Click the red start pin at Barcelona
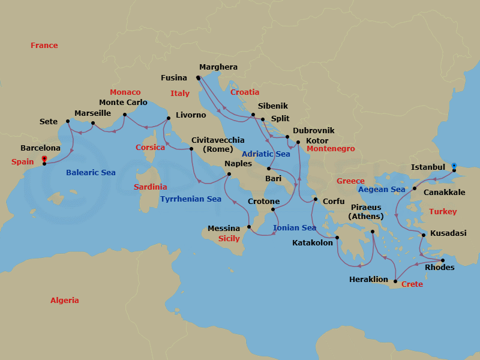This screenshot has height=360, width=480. (44, 160)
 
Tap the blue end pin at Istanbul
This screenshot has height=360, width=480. (454, 166)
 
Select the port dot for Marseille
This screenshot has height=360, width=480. (93, 124)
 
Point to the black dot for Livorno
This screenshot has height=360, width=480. (167, 118)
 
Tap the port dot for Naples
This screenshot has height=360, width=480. (229, 175)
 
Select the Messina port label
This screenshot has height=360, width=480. (224, 228)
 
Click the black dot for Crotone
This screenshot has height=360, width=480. (272, 209)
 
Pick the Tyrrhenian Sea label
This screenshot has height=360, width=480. (191, 199)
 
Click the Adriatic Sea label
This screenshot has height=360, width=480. (266, 154)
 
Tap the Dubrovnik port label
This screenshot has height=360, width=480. (314, 130)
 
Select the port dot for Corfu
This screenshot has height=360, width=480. (316, 199)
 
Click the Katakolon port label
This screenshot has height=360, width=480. (312, 243)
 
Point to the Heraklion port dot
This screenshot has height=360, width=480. (395, 281)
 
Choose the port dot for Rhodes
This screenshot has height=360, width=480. (443, 260)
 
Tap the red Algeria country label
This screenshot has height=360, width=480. (64, 300)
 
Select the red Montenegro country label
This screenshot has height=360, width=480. (331, 148)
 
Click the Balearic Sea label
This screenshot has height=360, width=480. (91, 172)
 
